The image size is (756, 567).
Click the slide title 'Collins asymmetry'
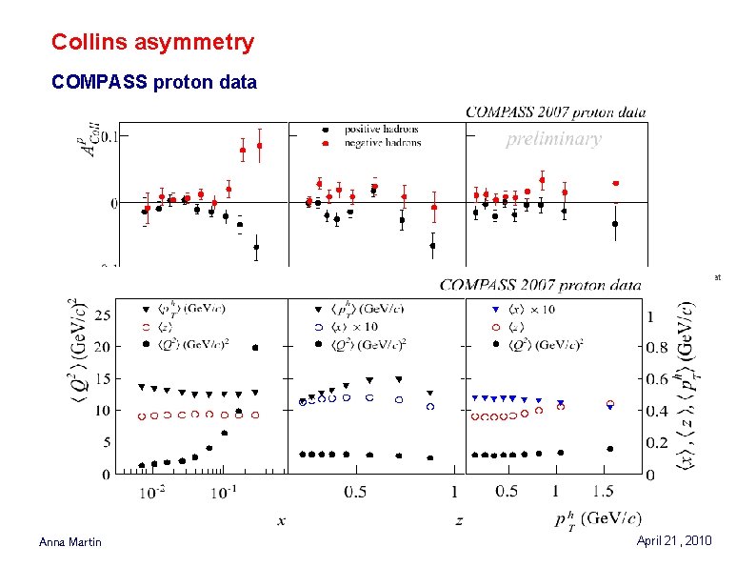(x=152, y=43)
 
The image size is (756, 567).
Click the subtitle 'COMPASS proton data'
(x=153, y=83)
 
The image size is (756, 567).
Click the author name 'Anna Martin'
(x=72, y=542)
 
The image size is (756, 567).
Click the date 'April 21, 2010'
(x=676, y=540)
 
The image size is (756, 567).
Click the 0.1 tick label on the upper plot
(x=113, y=135)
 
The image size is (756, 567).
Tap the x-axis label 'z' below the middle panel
(x=458, y=519)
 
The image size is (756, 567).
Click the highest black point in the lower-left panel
(x=255, y=348)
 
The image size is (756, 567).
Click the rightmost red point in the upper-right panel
(x=616, y=183)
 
